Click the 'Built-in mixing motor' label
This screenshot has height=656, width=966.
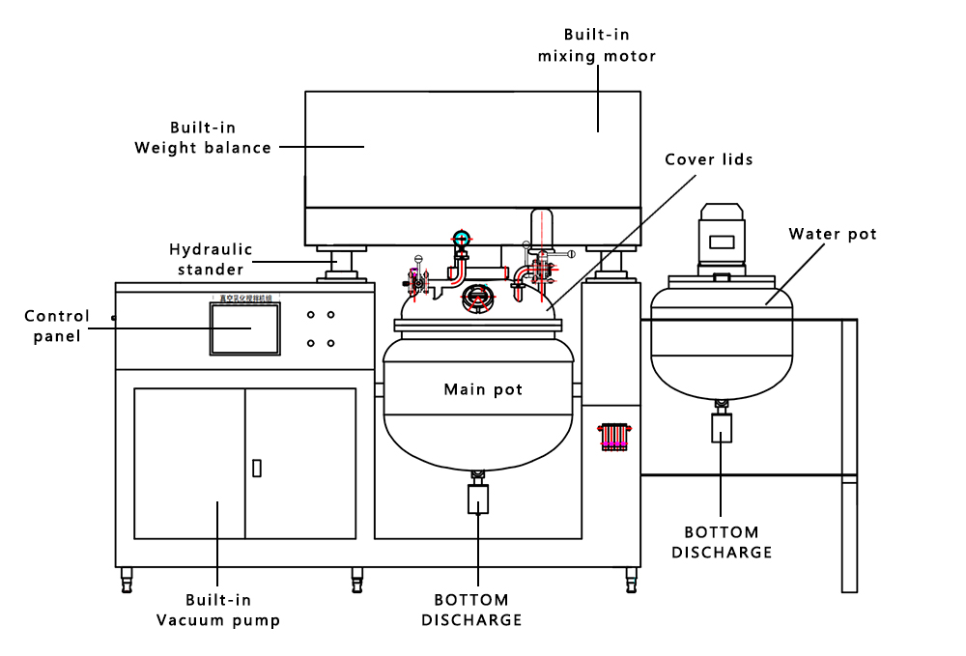pos(597,45)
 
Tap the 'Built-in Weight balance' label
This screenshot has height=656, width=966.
pos(203,137)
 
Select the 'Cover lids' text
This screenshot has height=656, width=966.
pos(708,158)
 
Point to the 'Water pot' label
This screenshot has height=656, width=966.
pos(833,234)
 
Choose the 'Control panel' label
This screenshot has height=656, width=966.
pos(57,326)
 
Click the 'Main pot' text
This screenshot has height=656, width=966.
pos(483,389)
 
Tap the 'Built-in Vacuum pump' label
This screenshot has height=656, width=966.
pos(218,611)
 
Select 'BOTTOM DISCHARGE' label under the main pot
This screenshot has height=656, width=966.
pos(471,611)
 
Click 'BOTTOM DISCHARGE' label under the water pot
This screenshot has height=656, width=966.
pos(722,542)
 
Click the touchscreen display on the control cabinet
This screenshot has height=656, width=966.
pos(245,328)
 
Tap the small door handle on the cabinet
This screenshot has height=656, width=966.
pos(256,468)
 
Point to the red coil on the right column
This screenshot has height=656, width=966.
pos(615,436)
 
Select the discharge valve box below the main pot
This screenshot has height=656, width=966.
pos(477,499)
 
